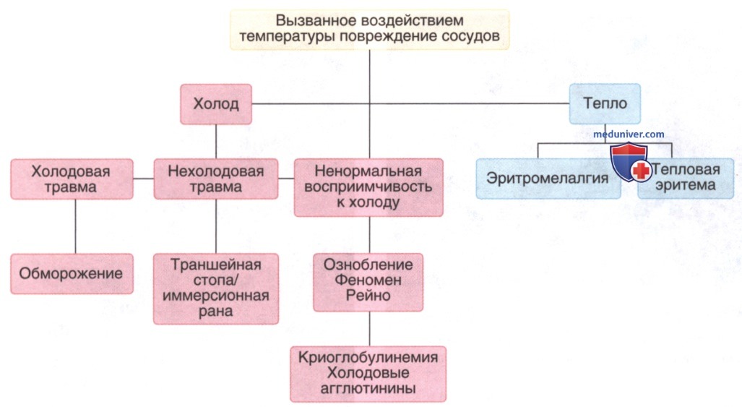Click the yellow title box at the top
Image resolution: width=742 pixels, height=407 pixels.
[x=370, y=30]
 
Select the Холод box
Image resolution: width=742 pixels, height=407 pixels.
[x=216, y=104]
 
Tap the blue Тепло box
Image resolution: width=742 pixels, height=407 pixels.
[x=605, y=103]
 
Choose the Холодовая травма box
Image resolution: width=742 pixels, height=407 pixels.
[x=72, y=179]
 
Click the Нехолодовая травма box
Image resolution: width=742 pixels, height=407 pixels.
[x=216, y=179]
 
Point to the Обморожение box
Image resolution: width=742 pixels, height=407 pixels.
[x=72, y=273]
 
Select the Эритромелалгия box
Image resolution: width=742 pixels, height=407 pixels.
[x=548, y=179]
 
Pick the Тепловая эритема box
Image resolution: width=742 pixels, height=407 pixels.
[x=686, y=177]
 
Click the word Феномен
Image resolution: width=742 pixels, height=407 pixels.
[x=368, y=280]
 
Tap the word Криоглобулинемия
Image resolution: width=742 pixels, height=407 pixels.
[x=368, y=357]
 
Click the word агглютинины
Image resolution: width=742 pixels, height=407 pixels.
[x=368, y=389]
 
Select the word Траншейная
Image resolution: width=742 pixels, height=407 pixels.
[x=216, y=264]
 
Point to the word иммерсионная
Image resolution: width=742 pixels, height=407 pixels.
[x=216, y=296]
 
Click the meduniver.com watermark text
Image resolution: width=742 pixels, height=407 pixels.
[x=629, y=134]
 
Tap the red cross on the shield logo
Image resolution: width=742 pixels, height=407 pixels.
[x=641, y=171]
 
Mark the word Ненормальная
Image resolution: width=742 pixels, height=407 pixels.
[x=368, y=171]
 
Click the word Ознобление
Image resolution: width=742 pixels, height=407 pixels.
[x=368, y=265]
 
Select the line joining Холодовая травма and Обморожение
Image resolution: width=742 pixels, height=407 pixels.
[x=75, y=226]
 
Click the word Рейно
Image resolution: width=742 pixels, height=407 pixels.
[x=368, y=296]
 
